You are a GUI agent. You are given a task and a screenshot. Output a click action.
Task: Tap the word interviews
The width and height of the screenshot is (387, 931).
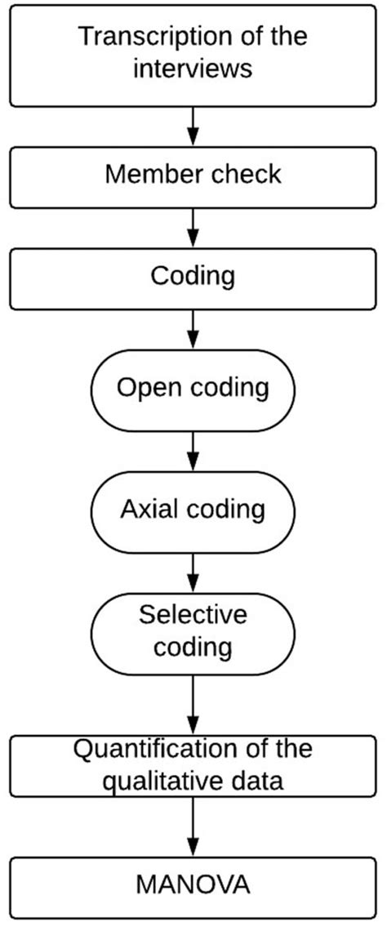tap(193, 69)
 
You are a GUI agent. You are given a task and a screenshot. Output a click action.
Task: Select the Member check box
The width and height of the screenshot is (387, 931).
tap(193, 177)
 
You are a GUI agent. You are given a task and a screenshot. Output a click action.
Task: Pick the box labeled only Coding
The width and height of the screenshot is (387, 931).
tap(193, 278)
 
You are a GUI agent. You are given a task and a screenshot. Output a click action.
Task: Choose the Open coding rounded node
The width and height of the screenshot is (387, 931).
tap(193, 390)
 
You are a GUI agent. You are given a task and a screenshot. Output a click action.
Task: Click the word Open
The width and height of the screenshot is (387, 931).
tap(145, 389)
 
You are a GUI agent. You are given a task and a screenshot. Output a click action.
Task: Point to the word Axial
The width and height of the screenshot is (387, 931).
tap(147, 510)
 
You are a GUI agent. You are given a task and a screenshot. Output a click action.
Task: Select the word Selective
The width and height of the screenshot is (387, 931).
tap(193, 615)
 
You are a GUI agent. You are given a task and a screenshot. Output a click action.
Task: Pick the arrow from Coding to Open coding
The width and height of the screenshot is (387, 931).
tap(193, 330)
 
